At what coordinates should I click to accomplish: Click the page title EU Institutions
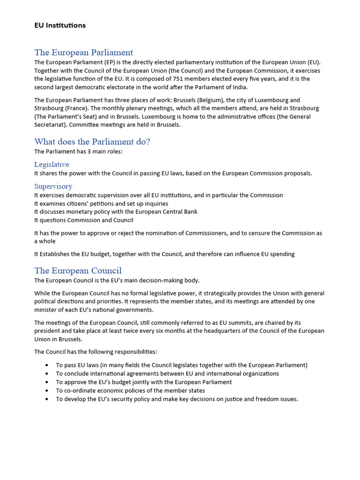tap(60, 25)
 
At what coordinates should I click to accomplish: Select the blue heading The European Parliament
tap(83, 52)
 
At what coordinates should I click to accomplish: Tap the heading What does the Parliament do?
tap(92, 142)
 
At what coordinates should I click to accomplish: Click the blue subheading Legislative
tap(52, 165)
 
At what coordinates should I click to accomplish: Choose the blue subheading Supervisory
tap(53, 186)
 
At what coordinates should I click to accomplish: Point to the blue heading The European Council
tap(78, 270)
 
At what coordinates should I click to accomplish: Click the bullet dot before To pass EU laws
tap(47, 365)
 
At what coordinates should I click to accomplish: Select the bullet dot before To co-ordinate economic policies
tap(47, 390)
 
